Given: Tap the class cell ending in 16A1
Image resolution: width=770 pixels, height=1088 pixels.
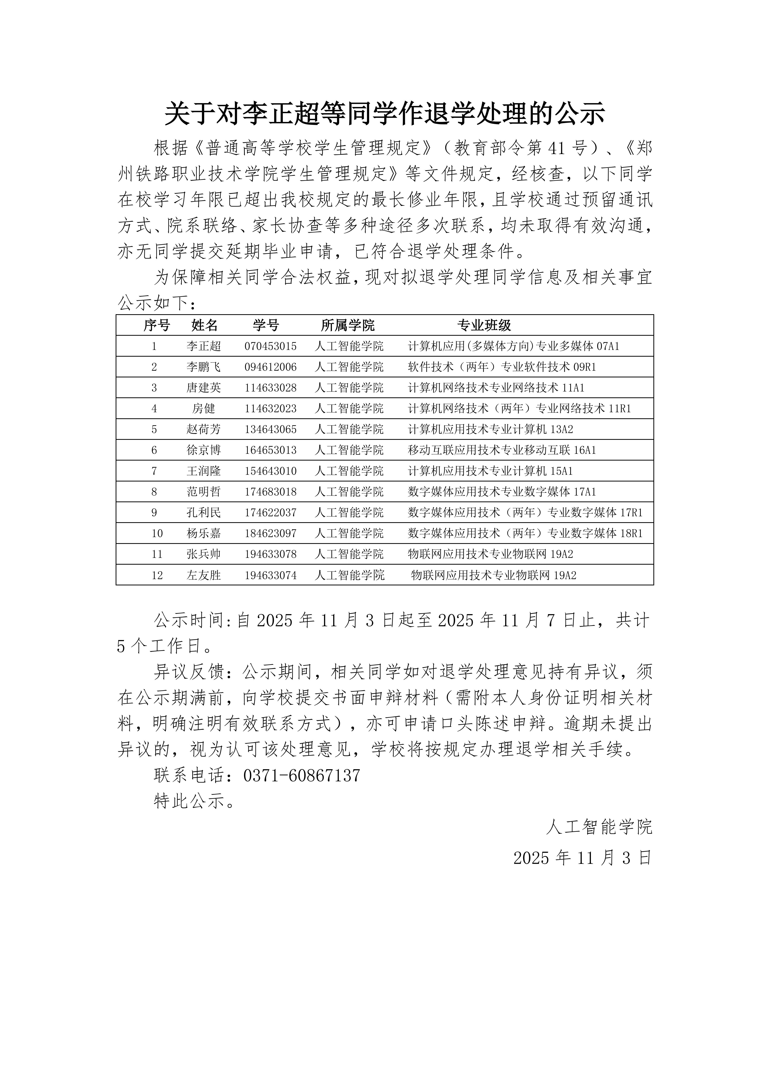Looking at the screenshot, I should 502,450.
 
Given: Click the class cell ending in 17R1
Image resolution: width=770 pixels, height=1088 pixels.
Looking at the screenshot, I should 525,513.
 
